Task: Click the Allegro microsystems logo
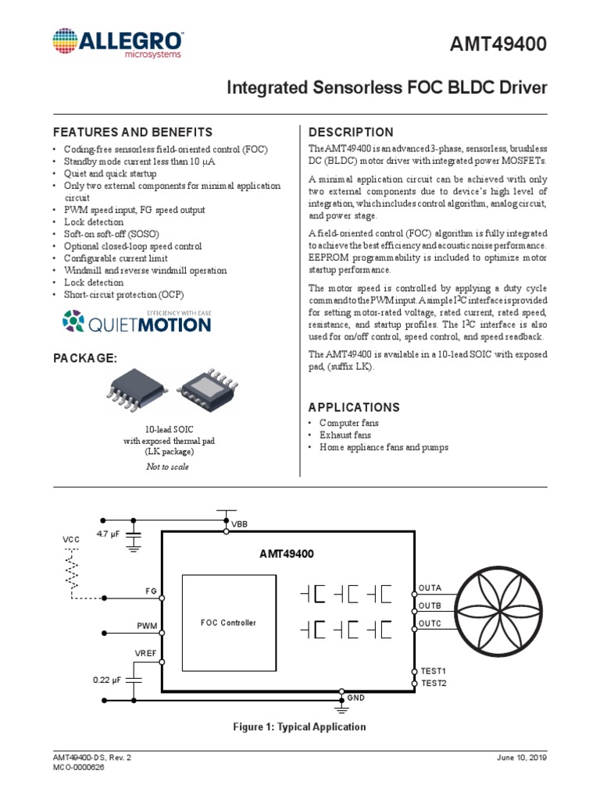click(x=117, y=44)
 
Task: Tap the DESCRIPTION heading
click(x=351, y=132)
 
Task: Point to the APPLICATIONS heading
click(x=354, y=407)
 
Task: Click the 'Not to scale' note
click(x=167, y=467)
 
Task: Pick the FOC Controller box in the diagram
click(x=228, y=623)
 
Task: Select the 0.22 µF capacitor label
click(x=108, y=680)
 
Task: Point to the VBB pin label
click(x=238, y=525)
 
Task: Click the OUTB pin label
click(x=430, y=605)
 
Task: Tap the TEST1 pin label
click(x=434, y=671)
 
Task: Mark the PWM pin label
click(x=147, y=626)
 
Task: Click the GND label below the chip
click(x=356, y=697)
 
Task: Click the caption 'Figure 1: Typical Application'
click(x=299, y=726)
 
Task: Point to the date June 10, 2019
click(x=521, y=758)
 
